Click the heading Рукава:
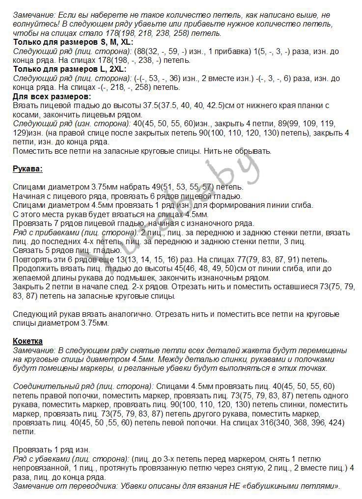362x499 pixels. (28, 169)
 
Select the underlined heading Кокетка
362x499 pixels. (28, 341)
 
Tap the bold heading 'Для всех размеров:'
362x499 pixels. (52, 96)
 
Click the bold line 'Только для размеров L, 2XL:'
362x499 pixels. (69, 69)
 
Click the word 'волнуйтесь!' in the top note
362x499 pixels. (34, 24)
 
